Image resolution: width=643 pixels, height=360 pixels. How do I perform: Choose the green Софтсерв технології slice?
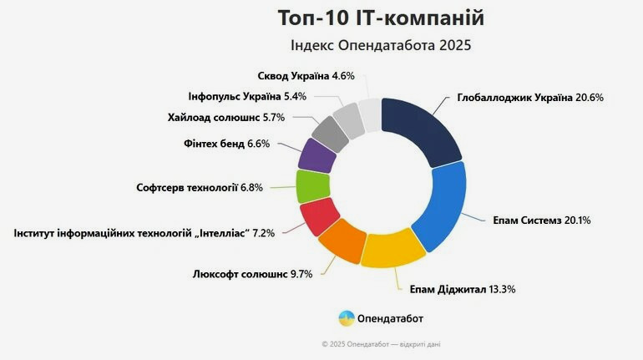(310, 185)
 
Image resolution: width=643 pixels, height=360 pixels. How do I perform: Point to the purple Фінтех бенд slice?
(316, 155)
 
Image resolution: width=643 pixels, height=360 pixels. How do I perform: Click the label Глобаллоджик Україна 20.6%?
(530, 98)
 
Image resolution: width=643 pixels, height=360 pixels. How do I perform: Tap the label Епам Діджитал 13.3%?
(462, 290)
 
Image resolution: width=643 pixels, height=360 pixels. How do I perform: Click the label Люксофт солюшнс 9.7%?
(252, 274)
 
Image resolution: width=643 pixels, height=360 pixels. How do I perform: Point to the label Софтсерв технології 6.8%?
(200, 188)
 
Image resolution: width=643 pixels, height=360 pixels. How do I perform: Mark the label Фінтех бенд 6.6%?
(226, 144)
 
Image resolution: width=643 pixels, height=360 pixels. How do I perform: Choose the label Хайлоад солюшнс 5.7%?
(226, 118)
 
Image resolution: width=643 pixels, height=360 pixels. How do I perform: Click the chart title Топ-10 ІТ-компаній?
(380, 18)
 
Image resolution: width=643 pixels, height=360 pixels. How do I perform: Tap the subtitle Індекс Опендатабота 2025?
(380, 45)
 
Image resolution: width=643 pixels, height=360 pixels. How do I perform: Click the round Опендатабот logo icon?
(346, 318)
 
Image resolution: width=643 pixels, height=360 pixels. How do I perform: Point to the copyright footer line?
(380, 343)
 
